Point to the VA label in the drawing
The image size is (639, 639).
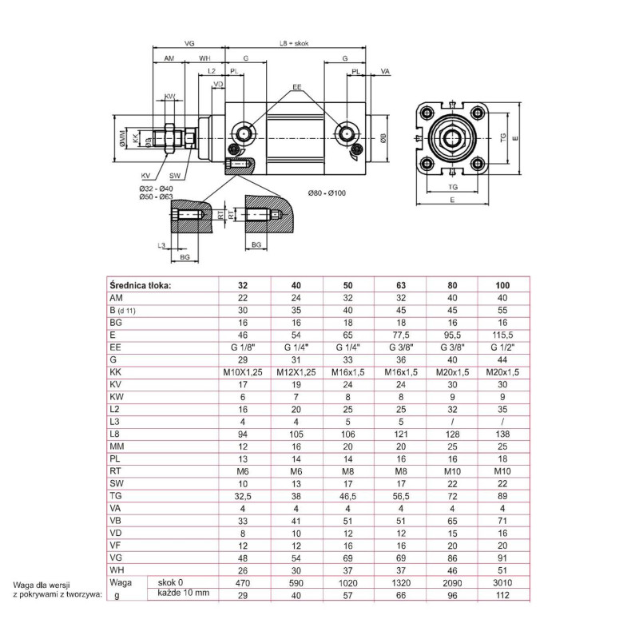(385, 72)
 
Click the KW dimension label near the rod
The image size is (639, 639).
(169, 97)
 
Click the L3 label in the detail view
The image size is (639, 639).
(161, 245)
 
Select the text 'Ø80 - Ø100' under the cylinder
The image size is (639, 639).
(327, 192)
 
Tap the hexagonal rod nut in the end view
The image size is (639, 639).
(453, 137)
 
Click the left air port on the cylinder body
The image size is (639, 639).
(242, 132)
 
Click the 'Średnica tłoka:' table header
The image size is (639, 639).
(140, 284)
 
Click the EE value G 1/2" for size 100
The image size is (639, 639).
(502, 348)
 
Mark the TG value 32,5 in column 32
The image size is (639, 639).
(245, 494)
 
